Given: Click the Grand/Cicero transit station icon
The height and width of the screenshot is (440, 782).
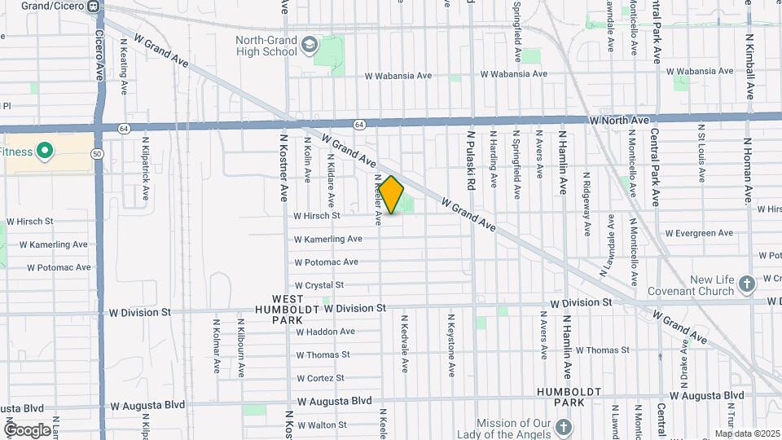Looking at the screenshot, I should [94, 7].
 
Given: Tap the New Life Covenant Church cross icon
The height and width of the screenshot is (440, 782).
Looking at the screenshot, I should [747, 285].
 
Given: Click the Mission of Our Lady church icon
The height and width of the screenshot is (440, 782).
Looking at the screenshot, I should [563, 427].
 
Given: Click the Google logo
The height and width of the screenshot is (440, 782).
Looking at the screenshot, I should [27, 429].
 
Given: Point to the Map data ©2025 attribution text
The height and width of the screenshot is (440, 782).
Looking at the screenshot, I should [747, 433].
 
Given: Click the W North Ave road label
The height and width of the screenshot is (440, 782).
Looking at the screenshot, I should [619, 121].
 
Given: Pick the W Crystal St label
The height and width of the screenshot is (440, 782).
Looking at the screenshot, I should [319, 285].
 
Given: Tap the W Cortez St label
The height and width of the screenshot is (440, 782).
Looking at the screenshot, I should [320, 378].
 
